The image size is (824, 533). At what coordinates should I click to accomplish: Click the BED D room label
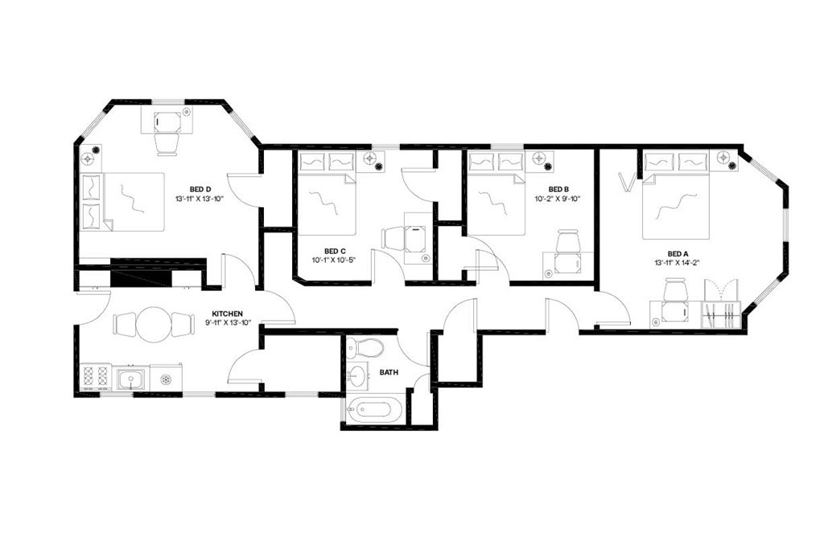197,189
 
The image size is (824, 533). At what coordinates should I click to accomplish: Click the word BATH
389,372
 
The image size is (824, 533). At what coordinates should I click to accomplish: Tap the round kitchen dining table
154,324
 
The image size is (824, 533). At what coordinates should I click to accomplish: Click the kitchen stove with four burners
96,376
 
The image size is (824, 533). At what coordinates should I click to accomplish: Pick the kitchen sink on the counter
130,377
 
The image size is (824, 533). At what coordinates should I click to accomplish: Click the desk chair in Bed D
167,143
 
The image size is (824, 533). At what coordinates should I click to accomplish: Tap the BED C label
335,250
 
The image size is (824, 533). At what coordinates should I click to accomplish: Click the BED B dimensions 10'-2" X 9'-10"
558,198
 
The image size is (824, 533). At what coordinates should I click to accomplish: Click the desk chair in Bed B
568,240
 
